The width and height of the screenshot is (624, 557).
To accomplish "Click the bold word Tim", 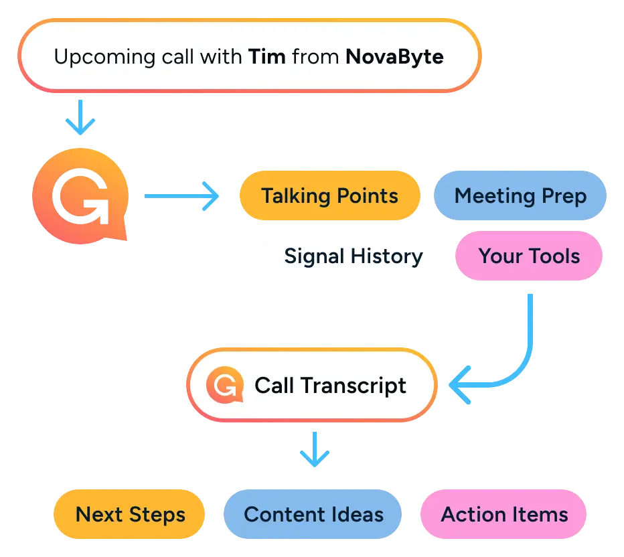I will (x=268, y=57).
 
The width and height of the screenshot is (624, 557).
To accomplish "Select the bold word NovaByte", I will (x=394, y=57).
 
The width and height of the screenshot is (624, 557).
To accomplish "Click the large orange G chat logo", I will (x=80, y=195).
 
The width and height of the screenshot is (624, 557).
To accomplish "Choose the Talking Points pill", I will (x=329, y=196).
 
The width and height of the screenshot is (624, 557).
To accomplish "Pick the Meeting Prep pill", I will (x=520, y=196).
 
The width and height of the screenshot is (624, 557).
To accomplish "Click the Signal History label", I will (x=354, y=256).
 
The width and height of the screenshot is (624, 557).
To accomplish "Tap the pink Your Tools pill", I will (x=529, y=256).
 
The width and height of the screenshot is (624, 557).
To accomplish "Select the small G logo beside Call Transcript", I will (x=223, y=385).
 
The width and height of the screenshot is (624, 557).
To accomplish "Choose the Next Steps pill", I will (x=130, y=515).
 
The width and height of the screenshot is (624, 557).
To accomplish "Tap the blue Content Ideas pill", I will (x=313, y=515).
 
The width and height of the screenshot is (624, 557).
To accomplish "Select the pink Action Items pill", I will (x=504, y=515).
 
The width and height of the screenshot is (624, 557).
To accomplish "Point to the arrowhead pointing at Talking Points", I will (x=212, y=196).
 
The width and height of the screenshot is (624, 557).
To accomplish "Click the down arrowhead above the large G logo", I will (x=80, y=125).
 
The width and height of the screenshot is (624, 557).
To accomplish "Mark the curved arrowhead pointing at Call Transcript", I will (x=459, y=386).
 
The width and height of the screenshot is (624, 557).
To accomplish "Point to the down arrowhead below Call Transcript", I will (x=315, y=457).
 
